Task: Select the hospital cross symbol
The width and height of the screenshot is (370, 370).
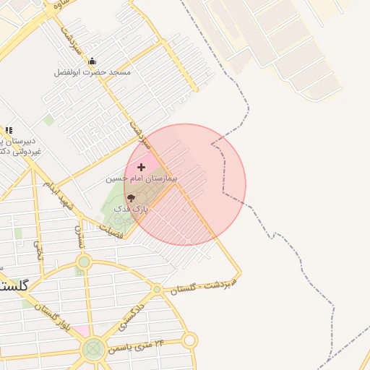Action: [141, 167]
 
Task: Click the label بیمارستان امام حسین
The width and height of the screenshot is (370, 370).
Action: [142, 178]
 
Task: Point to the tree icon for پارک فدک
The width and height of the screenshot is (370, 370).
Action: [131, 197]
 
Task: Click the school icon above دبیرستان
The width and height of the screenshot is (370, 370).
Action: [9, 130]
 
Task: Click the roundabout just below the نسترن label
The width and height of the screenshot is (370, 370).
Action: [84, 260]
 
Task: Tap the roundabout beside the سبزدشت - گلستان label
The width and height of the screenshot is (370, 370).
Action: [157, 289]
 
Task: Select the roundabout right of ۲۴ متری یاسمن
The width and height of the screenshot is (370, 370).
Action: [189, 340]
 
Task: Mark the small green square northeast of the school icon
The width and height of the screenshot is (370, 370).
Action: [48, 119]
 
